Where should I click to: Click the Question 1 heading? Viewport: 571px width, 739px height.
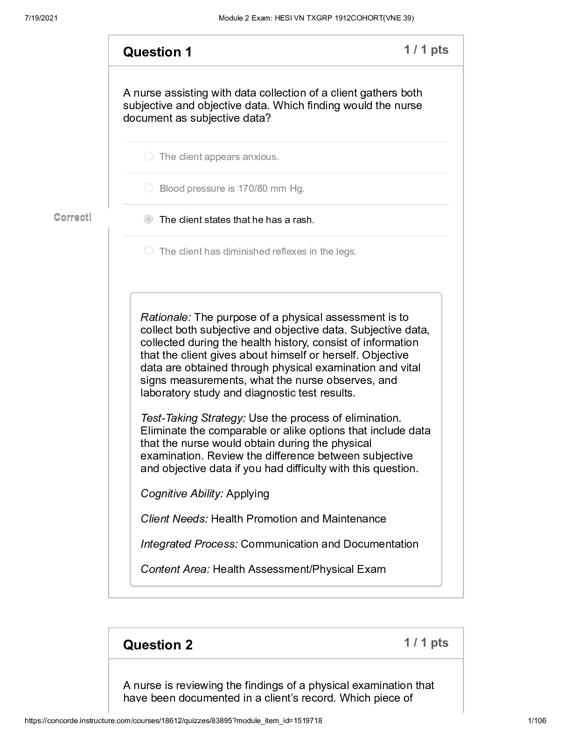pyautogui.click(x=157, y=52)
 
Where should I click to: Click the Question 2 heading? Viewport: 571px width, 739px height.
pyautogui.click(x=158, y=645)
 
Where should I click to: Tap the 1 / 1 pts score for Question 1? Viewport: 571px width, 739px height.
pyautogui.click(x=426, y=50)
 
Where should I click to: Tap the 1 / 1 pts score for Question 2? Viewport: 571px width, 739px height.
pyautogui.click(x=426, y=643)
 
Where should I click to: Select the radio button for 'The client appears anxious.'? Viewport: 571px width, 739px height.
pyautogui.click(x=148, y=156)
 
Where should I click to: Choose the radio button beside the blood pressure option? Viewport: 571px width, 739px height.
pyautogui.click(x=148, y=188)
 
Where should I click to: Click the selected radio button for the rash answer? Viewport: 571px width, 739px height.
pyautogui.click(x=148, y=219)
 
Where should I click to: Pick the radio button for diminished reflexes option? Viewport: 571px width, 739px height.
pyautogui.click(x=148, y=251)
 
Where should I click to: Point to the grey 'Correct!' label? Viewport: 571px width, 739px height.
pyautogui.click(x=72, y=217)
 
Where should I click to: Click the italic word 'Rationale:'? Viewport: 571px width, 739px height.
pyautogui.click(x=166, y=317)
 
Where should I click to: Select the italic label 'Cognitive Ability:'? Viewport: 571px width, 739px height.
pyautogui.click(x=182, y=494)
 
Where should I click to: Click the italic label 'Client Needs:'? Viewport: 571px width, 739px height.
pyautogui.click(x=174, y=519)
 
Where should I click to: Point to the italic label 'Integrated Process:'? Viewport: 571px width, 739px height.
pyautogui.click(x=189, y=544)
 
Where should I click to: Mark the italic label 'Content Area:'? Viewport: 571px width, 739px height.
pyautogui.click(x=175, y=569)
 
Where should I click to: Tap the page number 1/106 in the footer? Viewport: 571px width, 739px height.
pyautogui.click(x=537, y=721)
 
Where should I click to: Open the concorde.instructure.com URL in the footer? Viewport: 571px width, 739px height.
pyautogui.click(x=173, y=721)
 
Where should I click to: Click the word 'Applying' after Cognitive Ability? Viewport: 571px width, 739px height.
pyautogui.click(x=248, y=494)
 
